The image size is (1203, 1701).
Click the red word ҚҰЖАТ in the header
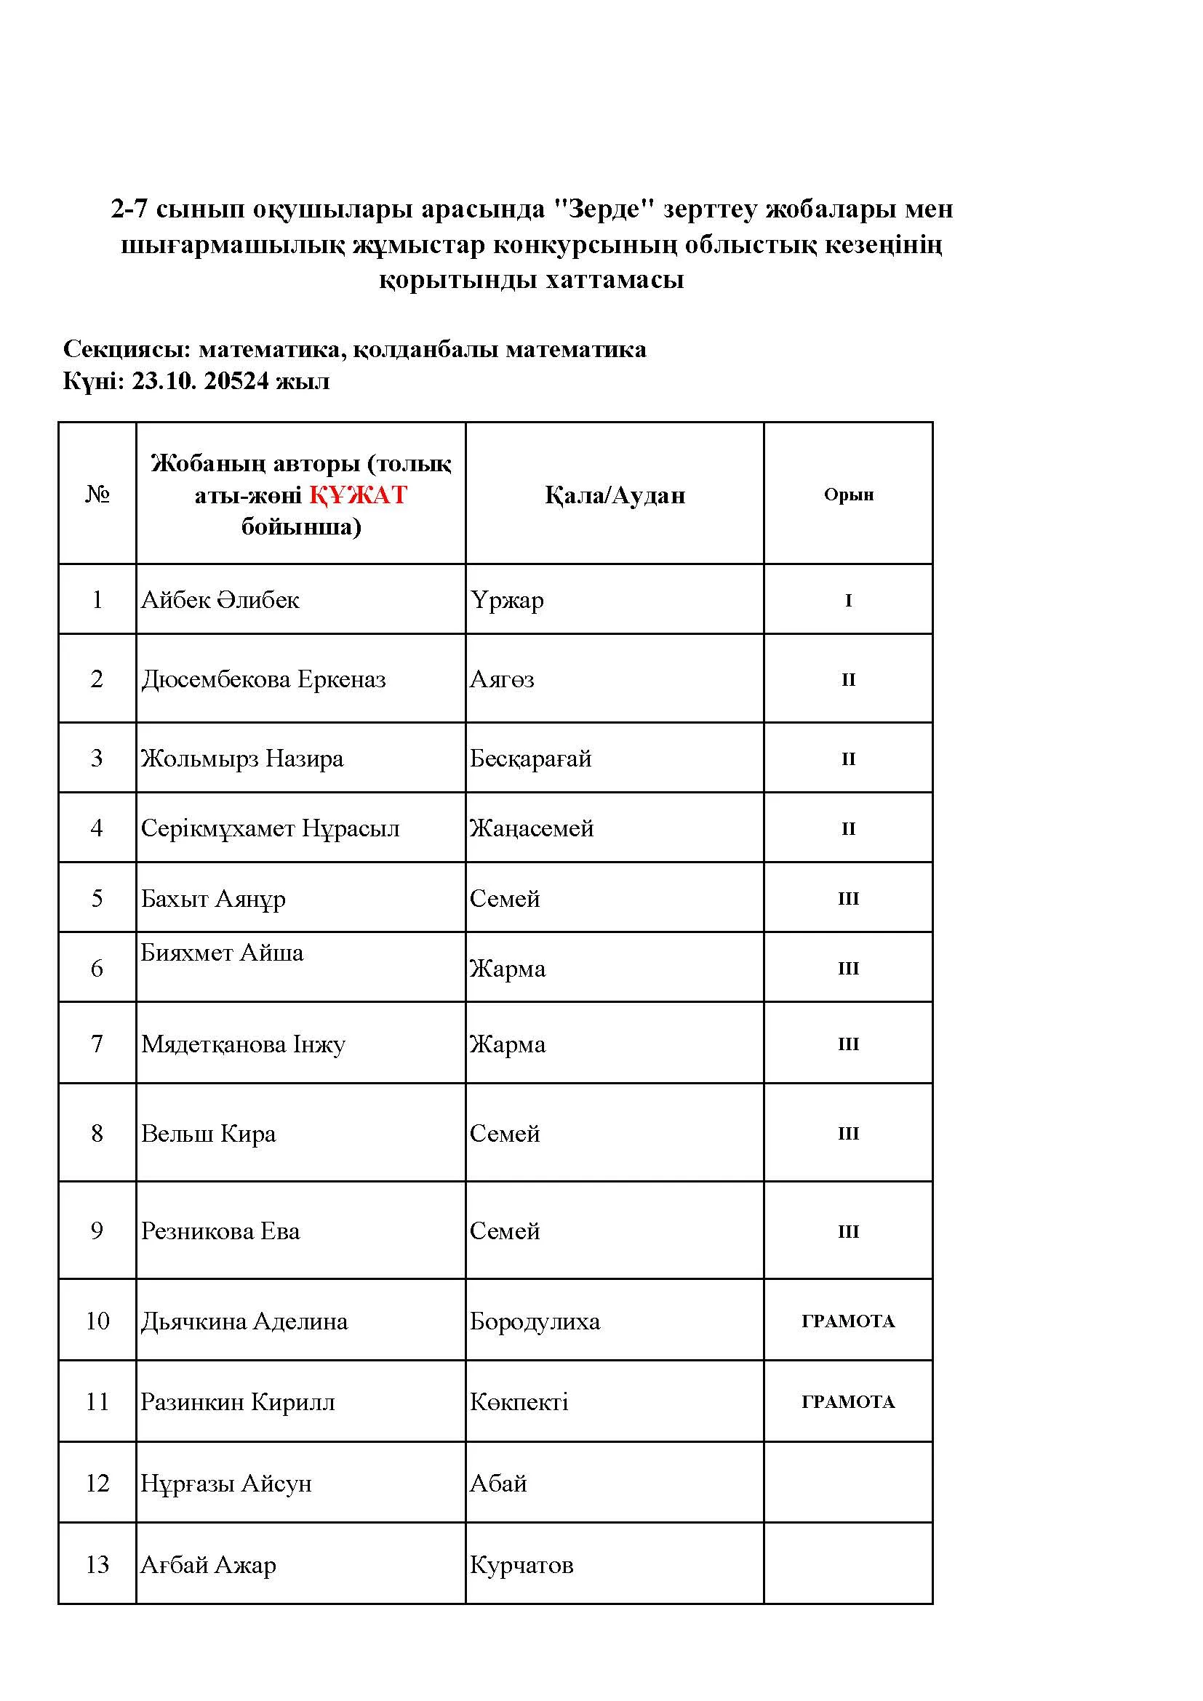[x=358, y=495]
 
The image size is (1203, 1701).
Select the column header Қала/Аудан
[x=615, y=495]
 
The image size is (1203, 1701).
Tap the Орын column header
[x=848, y=495]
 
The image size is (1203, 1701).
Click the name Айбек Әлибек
[x=220, y=599]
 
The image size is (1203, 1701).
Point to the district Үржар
[x=507, y=599]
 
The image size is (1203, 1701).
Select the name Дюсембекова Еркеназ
[x=263, y=679]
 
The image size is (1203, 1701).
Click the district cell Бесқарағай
[x=530, y=758]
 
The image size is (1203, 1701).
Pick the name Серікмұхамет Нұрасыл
[x=270, y=828]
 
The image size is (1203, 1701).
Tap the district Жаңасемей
[x=531, y=828]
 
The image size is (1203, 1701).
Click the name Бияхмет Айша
[x=222, y=952]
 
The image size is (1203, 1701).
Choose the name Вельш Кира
[x=208, y=1133]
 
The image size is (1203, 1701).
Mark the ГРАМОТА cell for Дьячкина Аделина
[x=848, y=1321]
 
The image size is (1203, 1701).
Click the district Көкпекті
[x=519, y=1401]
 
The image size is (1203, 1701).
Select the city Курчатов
[x=521, y=1565]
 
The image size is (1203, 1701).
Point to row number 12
[x=97, y=1483]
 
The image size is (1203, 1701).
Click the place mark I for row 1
[x=848, y=600]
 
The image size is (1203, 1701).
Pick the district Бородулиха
[x=534, y=1321]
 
